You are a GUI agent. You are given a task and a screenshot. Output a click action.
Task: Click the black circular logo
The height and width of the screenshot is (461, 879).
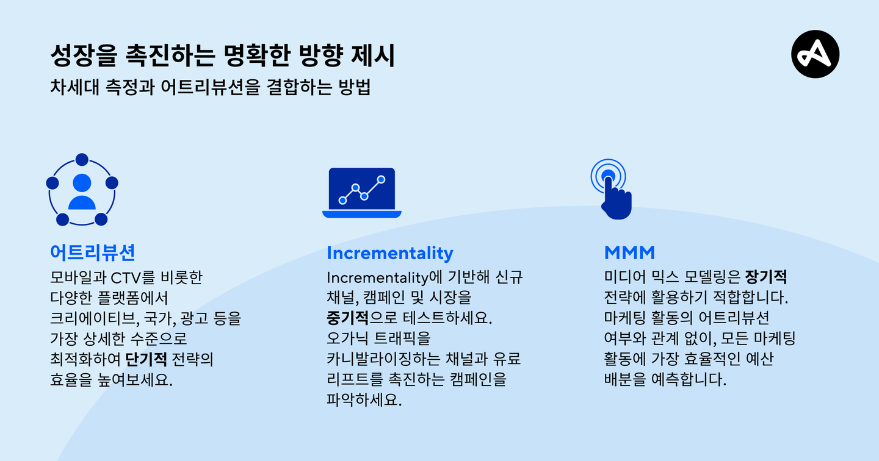[x=815, y=54]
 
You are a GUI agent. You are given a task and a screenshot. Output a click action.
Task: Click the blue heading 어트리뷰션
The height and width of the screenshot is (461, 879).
[x=93, y=252]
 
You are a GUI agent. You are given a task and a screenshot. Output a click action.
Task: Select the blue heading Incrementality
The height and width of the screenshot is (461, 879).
[x=390, y=253]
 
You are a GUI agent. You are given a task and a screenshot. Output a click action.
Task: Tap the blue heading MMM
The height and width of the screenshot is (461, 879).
[x=629, y=253]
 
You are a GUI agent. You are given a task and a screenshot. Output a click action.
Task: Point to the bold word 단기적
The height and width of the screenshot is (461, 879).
[x=146, y=359]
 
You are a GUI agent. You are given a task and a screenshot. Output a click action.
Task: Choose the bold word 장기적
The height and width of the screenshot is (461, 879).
[x=766, y=277]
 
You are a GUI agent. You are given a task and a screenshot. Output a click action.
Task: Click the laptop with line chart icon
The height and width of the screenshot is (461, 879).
[x=362, y=193]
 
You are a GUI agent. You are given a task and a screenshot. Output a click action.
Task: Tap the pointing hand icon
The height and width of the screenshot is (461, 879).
[x=612, y=189]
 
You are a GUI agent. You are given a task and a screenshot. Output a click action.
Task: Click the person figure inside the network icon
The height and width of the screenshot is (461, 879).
[x=82, y=191]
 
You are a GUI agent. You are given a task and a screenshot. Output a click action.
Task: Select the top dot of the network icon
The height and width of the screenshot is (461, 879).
[x=82, y=160]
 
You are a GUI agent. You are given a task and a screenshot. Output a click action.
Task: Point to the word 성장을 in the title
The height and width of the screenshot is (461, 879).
[x=84, y=55]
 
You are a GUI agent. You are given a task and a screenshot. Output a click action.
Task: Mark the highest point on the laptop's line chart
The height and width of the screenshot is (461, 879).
[x=381, y=179]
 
